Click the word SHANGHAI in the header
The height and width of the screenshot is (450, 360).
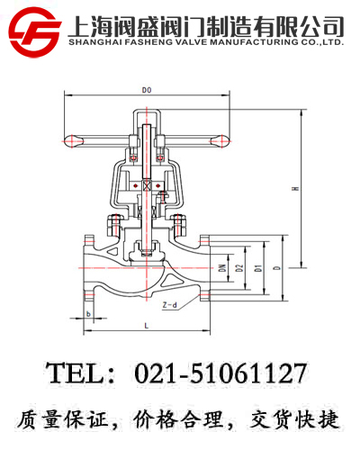(x=96, y=40)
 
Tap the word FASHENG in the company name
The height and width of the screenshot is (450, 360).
(x=150, y=40)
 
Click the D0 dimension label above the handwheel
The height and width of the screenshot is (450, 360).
(x=147, y=90)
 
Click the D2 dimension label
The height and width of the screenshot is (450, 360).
(x=239, y=268)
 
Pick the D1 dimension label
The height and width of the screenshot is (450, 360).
(x=257, y=268)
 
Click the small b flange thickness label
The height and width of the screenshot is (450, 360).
(x=88, y=314)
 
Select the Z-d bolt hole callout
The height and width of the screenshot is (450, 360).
(x=168, y=306)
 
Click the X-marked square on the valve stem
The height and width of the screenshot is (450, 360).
(x=147, y=185)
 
